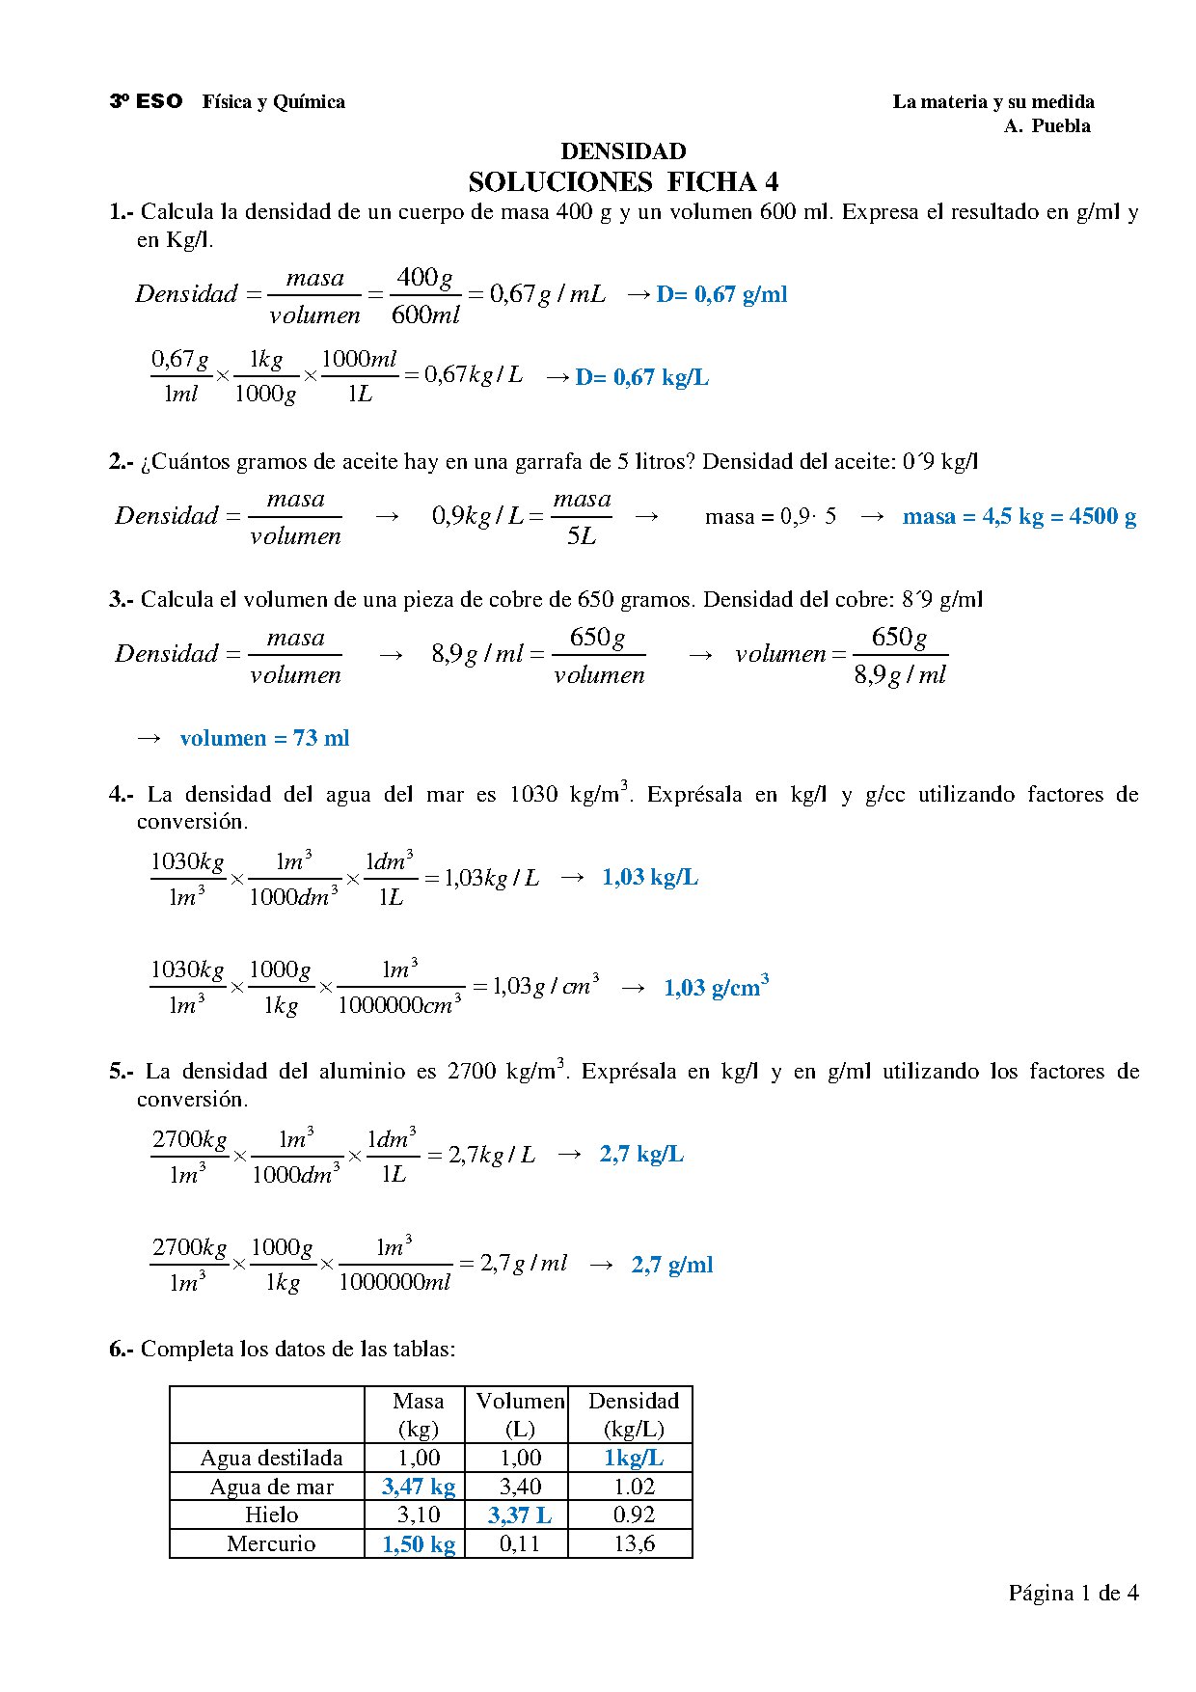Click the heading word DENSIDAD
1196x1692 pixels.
pos(623,151)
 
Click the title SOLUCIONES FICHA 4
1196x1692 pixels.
pos(623,181)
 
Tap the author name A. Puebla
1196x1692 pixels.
pos(1046,126)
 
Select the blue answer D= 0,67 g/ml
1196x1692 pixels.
pos(721,294)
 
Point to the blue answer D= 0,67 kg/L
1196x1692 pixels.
pos(641,377)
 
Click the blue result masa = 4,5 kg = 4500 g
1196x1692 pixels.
pos(1019,516)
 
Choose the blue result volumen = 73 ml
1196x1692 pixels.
pos(264,738)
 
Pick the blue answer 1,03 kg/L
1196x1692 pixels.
pos(650,877)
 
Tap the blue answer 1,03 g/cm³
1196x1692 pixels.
pos(716,987)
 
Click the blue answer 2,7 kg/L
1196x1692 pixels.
pos(641,1154)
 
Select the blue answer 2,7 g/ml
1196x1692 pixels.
pos(672,1265)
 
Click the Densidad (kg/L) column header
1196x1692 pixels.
pos(634,1414)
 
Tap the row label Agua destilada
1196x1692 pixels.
pos(271,1458)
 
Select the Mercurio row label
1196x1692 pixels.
pos(271,1543)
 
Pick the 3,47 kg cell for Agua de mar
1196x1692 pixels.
pos(418,1487)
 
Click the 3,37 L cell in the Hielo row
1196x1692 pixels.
pos(520,1515)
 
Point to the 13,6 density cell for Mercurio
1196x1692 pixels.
pos(634,1543)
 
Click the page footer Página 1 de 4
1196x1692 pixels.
pos(1073,1593)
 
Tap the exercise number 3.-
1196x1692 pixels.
pos(122,599)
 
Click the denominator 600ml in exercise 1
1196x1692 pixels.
pos(425,314)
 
